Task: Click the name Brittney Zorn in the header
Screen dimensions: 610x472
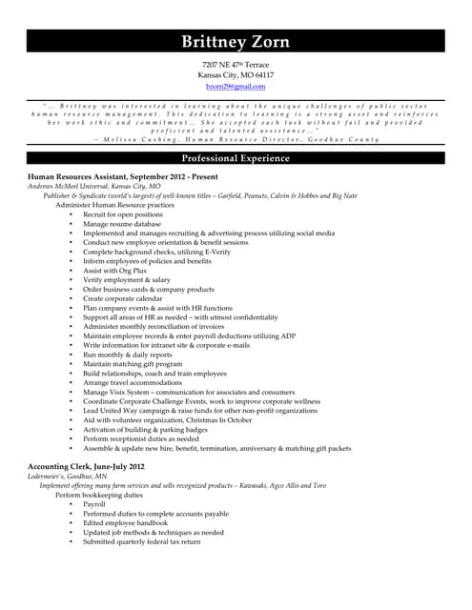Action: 236,41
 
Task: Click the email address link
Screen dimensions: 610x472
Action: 236,87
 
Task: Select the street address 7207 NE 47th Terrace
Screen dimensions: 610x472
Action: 236,64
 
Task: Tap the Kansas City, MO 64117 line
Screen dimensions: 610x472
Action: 236,75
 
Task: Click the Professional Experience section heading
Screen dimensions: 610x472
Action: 236,158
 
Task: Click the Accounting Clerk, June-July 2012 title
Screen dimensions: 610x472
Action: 86,466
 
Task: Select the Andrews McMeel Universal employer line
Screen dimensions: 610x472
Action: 87,187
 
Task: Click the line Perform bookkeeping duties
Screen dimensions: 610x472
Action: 99,495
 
